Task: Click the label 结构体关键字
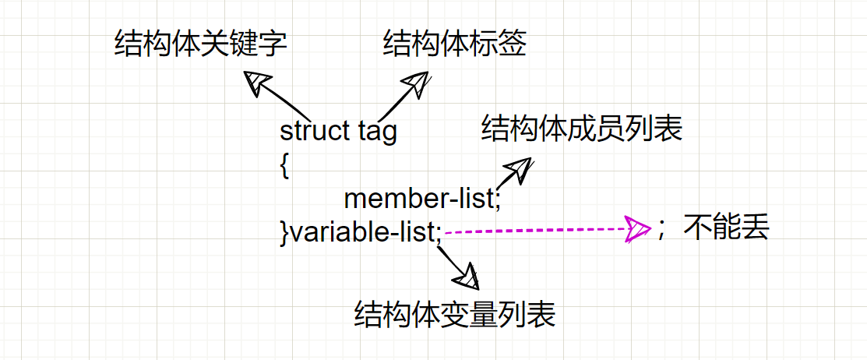click(200, 44)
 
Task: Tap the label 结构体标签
click(455, 44)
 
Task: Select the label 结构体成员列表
click(582, 129)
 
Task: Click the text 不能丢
click(727, 228)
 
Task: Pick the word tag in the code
click(377, 132)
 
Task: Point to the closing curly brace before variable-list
click(284, 232)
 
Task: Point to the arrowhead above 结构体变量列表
click(469, 276)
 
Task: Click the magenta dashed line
click(537, 230)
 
